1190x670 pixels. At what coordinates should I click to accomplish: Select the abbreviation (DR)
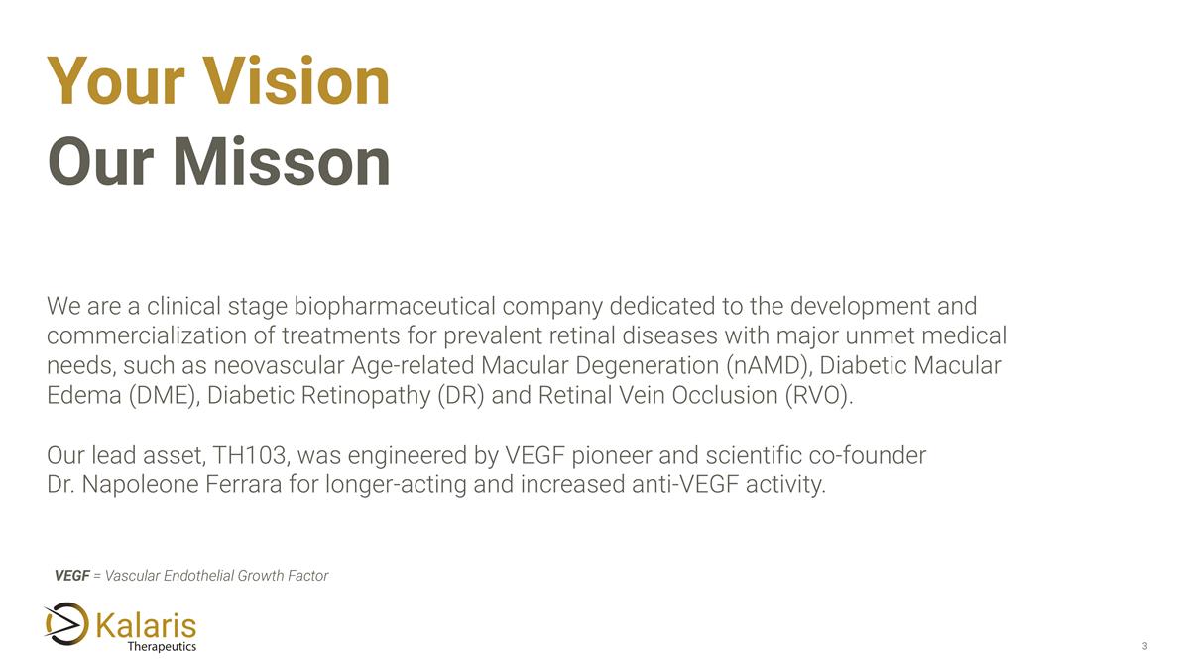click(x=459, y=395)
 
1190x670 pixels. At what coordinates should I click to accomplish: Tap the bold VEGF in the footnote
click(x=71, y=576)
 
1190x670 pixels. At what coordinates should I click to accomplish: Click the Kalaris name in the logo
click(x=147, y=625)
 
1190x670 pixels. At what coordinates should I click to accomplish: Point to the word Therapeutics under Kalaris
click(x=162, y=647)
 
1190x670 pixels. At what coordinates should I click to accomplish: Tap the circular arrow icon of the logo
click(x=66, y=624)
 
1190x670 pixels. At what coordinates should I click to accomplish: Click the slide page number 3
click(x=1144, y=647)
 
